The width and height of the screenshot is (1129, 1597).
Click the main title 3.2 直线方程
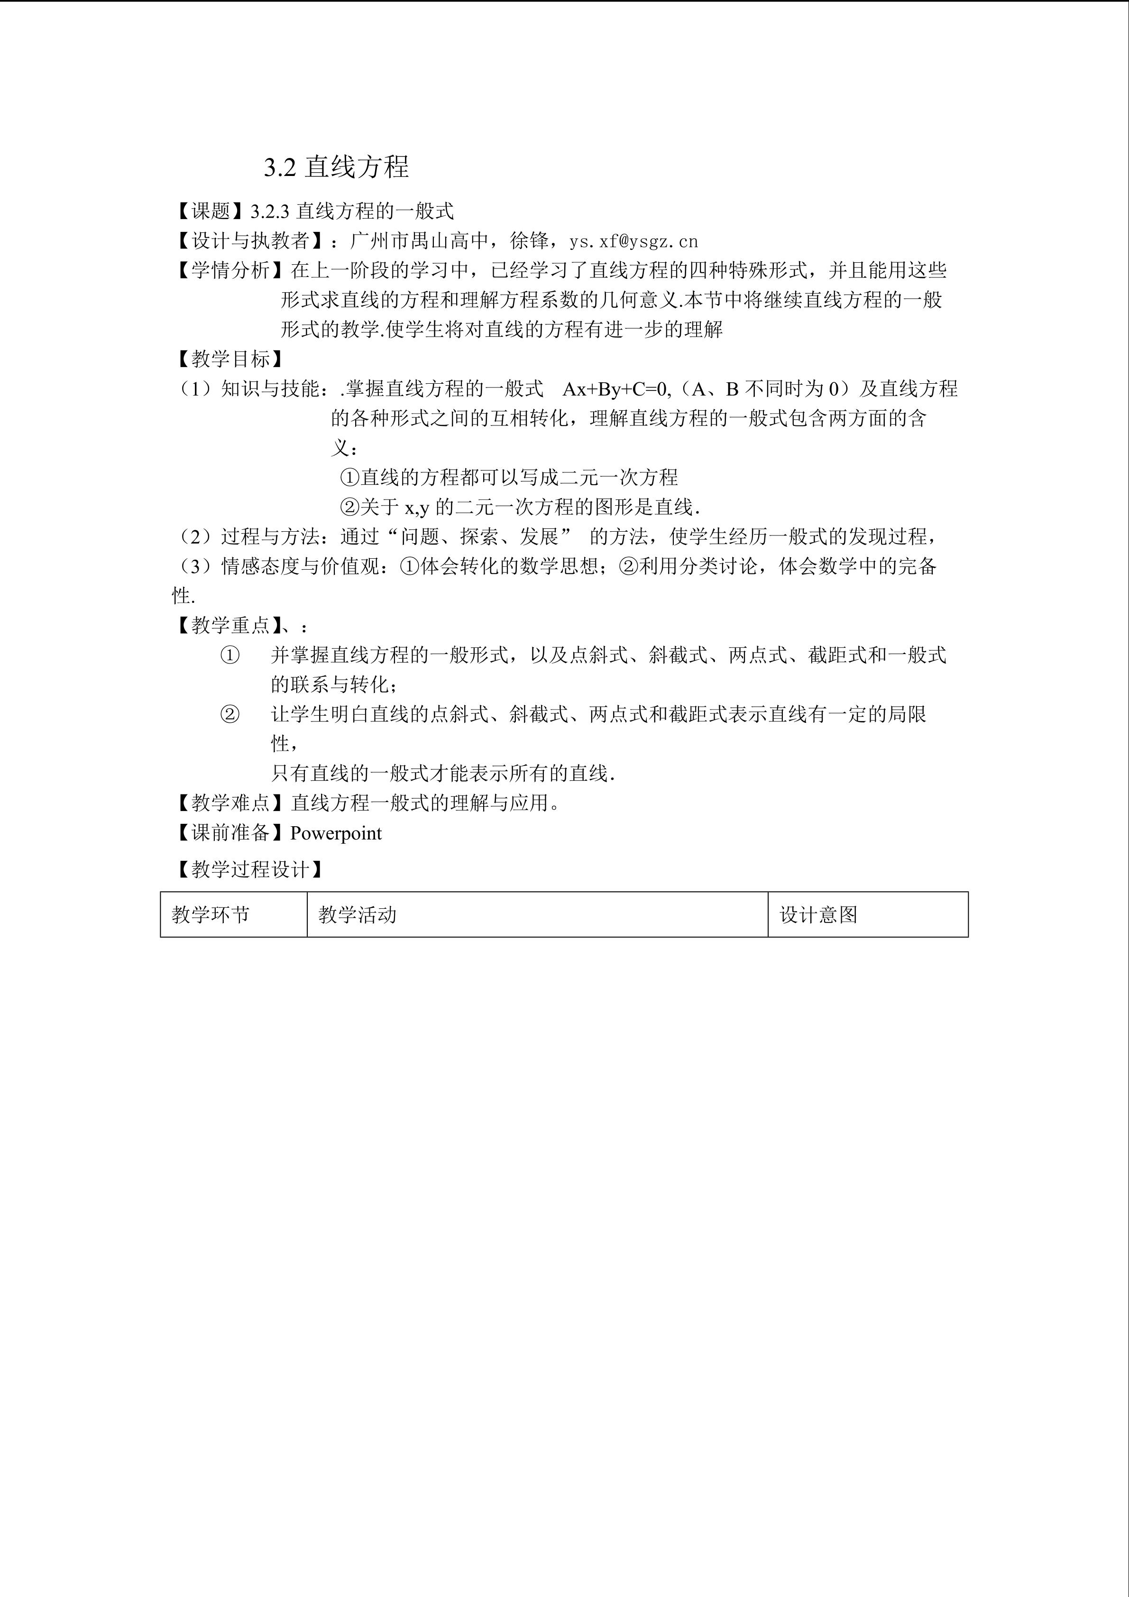(x=336, y=167)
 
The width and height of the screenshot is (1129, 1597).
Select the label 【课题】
(x=210, y=211)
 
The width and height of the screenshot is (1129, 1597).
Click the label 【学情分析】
(x=230, y=270)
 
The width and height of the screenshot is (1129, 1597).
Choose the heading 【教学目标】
(x=230, y=359)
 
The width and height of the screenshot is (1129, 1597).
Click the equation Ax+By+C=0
(x=615, y=389)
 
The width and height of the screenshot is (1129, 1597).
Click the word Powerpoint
(x=336, y=833)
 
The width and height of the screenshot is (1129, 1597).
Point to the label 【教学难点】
(x=230, y=803)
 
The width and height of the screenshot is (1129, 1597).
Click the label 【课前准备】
(x=230, y=833)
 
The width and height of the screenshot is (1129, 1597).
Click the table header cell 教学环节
(x=211, y=914)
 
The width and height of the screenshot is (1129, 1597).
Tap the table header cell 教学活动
(x=358, y=914)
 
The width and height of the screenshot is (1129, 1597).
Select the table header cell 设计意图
(x=818, y=914)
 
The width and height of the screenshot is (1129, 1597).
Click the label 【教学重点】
(x=230, y=625)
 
